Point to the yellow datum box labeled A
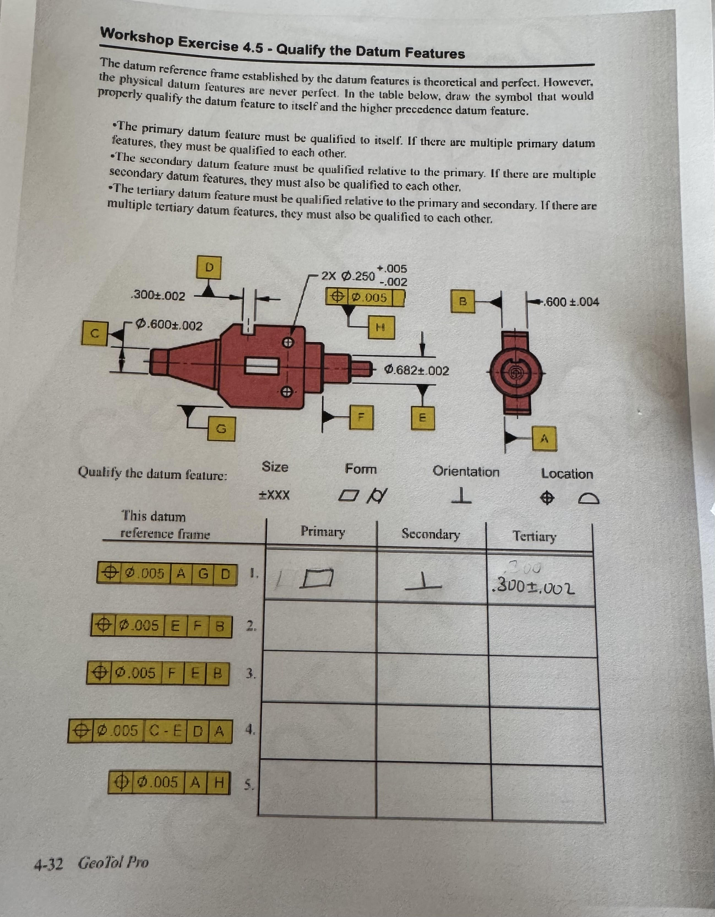545,438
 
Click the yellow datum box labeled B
463,301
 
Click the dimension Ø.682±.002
417,371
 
